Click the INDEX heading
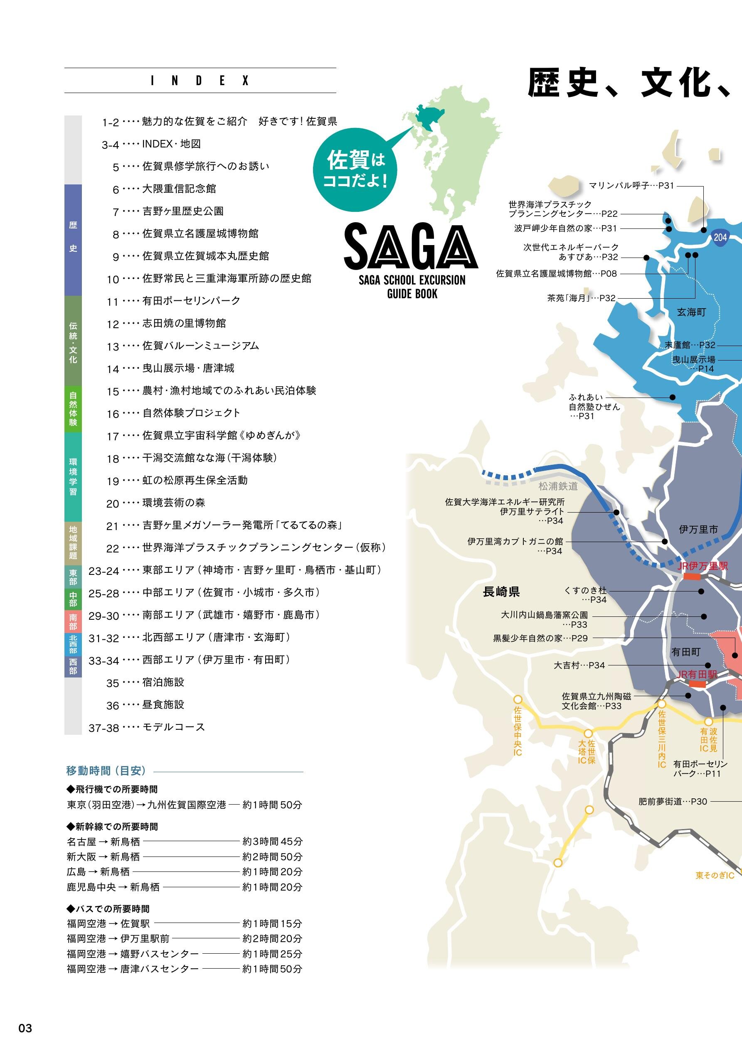[200, 81]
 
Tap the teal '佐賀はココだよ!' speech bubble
[355, 170]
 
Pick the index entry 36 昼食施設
[163, 704]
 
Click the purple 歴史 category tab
[73, 239]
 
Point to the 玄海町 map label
[691, 312]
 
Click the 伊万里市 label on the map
[698, 530]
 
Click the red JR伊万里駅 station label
[702, 566]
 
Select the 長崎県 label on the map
[501, 592]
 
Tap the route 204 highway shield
[720, 237]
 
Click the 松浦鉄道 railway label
[558, 486]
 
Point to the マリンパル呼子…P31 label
[631, 186]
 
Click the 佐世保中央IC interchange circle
[518, 699]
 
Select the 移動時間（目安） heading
[106, 771]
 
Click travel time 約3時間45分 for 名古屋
[272, 841]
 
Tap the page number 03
[25, 1028]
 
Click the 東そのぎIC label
[715, 876]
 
